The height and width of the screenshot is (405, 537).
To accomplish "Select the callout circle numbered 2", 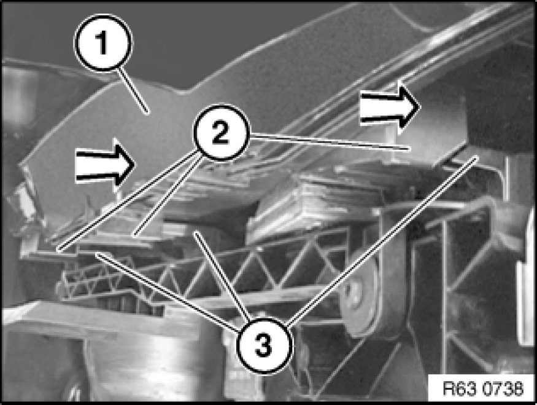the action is [220, 133].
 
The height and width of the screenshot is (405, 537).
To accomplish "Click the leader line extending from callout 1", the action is [134, 90].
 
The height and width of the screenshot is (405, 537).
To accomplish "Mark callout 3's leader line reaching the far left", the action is [167, 291].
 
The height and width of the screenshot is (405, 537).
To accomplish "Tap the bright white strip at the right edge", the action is [525, 274].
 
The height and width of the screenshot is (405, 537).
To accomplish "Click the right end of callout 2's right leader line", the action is [409, 149].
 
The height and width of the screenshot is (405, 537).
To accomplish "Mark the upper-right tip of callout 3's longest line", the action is [477, 157].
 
